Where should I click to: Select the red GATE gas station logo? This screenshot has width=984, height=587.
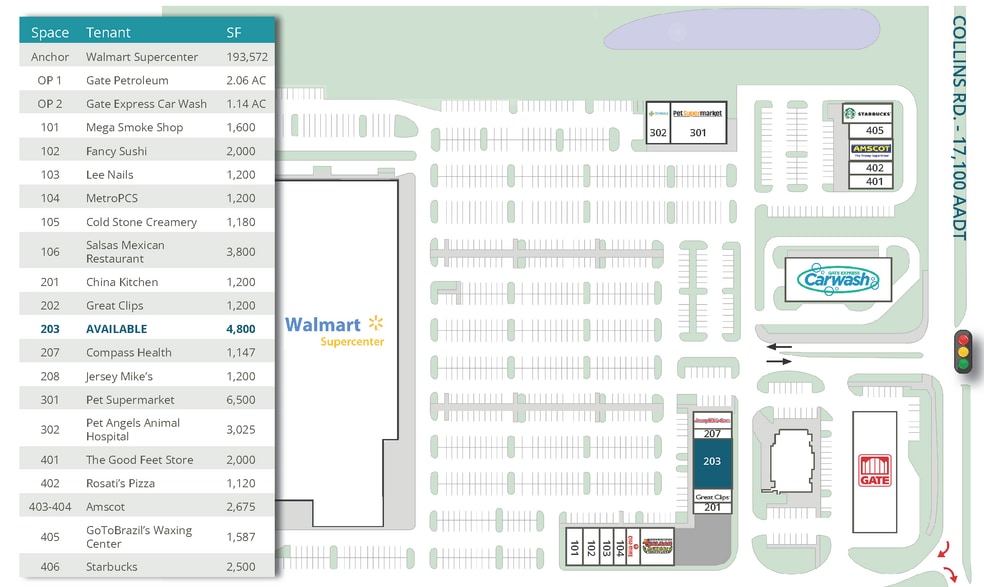(x=873, y=471)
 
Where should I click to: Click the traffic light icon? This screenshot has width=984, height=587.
(x=964, y=351)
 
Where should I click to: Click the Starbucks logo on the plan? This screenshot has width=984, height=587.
(x=866, y=113)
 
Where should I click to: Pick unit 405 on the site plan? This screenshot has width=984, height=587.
(x=874, y=131)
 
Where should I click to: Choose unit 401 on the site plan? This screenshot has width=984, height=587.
(x=874, y=181)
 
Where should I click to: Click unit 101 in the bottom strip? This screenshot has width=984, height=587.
(x=574, y=547)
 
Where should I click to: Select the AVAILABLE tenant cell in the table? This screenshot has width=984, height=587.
(x=116, y=329)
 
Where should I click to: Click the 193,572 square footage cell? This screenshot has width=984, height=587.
(x=246, y=57)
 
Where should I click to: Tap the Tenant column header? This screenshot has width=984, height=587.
(x=108, y=33)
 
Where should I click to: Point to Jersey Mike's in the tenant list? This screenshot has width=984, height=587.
(x=118, y=376)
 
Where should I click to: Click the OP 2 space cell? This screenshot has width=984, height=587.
(x=50, y=104)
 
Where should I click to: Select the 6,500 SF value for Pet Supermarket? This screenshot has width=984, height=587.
(x=241, y=400)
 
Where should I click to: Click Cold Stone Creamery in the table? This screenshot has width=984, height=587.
(x=141, y=222)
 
